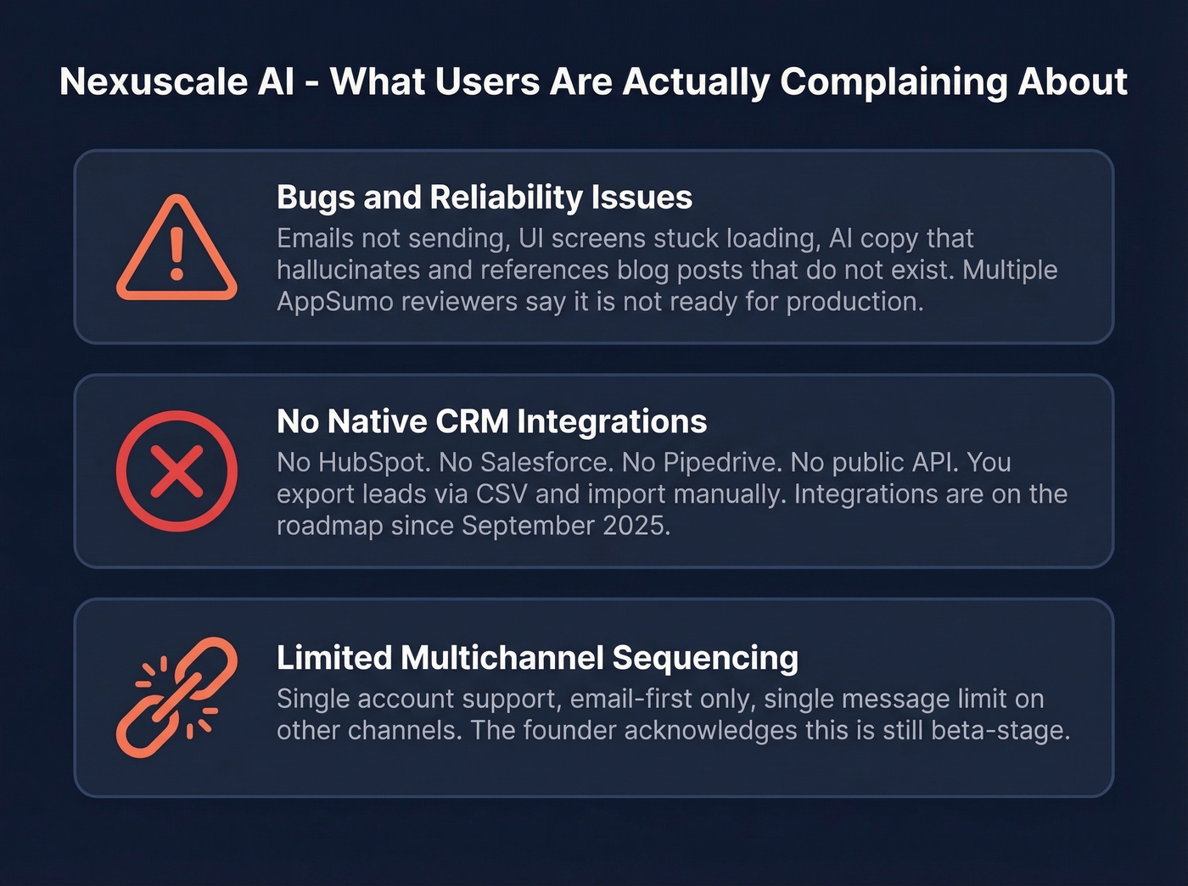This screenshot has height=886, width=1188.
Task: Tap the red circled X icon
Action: tap(177, 471)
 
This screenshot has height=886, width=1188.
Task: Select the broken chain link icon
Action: tap(177, 697)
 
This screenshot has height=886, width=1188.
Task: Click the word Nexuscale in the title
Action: tap(177, 82)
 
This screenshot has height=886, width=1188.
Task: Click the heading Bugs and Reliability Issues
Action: tap(484, 198)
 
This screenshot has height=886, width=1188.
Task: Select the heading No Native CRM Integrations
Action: tap(491, 421)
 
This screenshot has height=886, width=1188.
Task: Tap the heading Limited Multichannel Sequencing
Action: tap(537, 658)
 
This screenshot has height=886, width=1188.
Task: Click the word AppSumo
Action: tap(333, 302)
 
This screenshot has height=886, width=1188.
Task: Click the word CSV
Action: tap(502, 494)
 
